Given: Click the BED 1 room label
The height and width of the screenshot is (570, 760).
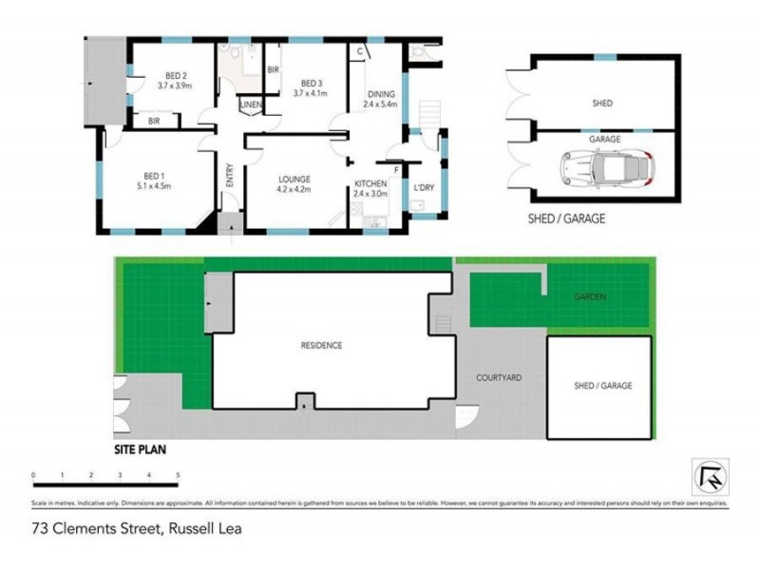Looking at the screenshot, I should [154, 175].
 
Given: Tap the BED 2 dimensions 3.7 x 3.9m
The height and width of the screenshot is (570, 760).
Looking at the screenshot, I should [175, 85].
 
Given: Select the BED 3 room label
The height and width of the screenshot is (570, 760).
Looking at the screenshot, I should [310, 82].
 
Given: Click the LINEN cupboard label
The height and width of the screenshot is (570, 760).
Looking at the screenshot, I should [251, 104].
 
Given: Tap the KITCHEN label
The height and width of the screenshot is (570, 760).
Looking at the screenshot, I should [370, 183].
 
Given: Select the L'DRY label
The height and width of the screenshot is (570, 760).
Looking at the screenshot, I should [424, 188].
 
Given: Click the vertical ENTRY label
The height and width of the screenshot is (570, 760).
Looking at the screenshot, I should [229, 178].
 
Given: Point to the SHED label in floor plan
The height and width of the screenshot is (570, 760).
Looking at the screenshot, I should [602, 103].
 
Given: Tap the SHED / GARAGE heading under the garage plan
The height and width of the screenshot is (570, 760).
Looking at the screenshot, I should [566, 218].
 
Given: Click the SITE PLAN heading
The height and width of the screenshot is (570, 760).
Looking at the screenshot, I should [140, 451].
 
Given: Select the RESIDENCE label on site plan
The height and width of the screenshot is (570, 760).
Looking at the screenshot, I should [321, 345].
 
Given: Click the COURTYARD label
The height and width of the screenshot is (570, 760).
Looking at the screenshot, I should [499, 377].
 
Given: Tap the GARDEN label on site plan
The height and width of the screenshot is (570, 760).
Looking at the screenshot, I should [589, 296].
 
